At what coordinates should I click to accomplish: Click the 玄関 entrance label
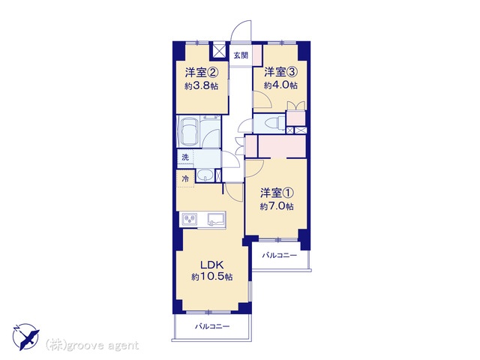(241, 55)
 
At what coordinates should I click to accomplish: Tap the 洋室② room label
(202, 73)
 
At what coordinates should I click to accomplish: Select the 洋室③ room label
(280, 72)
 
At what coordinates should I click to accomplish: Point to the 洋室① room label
(277, 193)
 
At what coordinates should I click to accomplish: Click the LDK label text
(212, 264)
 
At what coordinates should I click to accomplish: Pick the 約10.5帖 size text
(211, 277)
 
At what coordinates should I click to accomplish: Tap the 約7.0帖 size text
(277, 207)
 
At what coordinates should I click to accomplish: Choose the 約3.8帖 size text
(202, 86)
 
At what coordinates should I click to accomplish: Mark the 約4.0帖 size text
(280, 85)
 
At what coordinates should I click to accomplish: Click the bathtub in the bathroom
(189, 131)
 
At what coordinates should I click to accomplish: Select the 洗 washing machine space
(185, 158)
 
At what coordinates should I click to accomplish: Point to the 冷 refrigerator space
(185, 178)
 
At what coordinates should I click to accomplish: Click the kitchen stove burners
(190, 220)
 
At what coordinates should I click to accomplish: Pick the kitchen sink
(216, 220)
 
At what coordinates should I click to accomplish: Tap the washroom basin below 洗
(205, 175)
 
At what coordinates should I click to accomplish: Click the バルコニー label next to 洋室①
(280, 255)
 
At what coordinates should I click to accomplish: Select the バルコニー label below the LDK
(212, 326)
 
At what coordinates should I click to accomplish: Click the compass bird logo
(25, 337)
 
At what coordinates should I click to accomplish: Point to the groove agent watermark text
(92, 346)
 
